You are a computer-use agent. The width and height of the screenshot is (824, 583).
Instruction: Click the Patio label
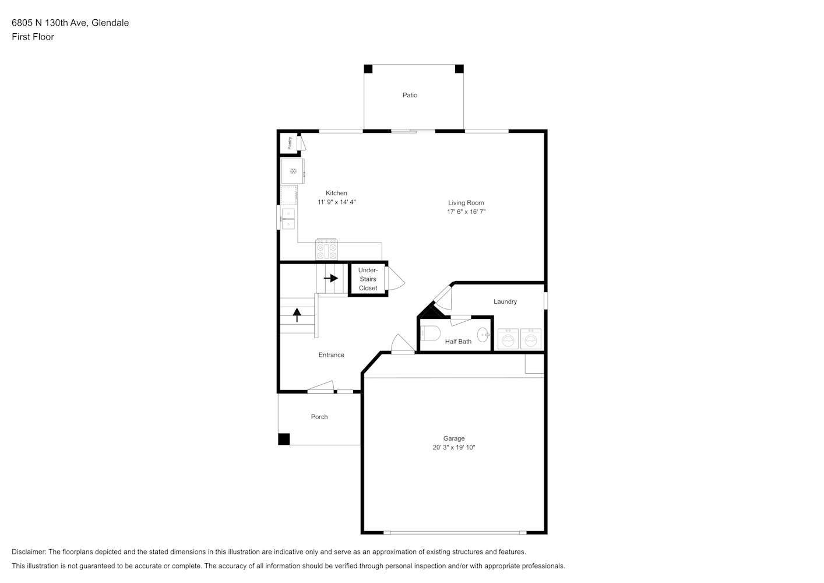click(x=410, y=95)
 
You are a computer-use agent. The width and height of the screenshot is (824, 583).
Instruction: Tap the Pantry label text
click(x=290, y=143)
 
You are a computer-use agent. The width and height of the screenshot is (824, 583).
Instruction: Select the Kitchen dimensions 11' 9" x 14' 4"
click(x=337, y=202)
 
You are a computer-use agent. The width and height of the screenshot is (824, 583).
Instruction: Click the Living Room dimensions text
click(x=466, y=212)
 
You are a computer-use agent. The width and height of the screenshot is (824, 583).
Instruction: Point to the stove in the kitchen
click(x=327, y=250)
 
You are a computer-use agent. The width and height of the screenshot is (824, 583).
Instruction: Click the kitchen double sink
click(x=288, y=219)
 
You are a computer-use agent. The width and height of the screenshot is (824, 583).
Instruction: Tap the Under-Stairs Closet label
click(x=368, y=279)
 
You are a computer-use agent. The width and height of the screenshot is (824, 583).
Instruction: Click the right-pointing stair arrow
click(x=331, y=278)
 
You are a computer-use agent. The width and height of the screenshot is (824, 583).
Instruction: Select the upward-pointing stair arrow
click(x=297, y=315)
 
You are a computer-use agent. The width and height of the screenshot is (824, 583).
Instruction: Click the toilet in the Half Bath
click(x=431, y=333)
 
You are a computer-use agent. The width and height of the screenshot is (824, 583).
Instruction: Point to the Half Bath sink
click(x=483, y=335)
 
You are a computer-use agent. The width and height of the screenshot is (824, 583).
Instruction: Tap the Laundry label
click(x=505, y=301)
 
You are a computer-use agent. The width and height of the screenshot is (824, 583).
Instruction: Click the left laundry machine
click(x=508, y=339)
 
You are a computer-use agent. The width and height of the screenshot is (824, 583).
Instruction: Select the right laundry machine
click(x=531, y=339)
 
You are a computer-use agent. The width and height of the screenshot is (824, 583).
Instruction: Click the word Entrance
click(x=332, y=355)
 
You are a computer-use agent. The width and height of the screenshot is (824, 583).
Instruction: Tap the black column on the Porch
click(x=284, y=439)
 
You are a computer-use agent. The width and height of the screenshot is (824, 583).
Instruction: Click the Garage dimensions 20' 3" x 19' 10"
click(x=454, y=448)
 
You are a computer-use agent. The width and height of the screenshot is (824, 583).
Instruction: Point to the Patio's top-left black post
click(x=368, y=69)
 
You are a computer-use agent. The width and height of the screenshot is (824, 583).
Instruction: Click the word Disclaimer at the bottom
click(x=29, y=552)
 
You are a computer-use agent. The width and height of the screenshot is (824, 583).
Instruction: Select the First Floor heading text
click(x=33, y=37)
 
